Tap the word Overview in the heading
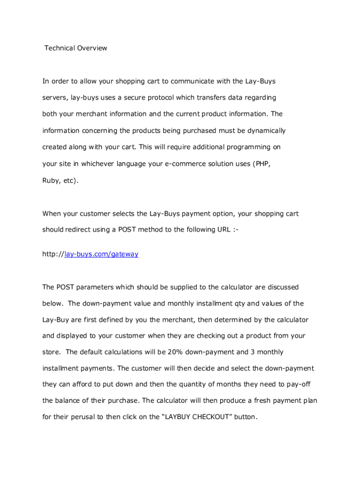90,48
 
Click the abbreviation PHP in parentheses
262,164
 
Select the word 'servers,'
55,98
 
